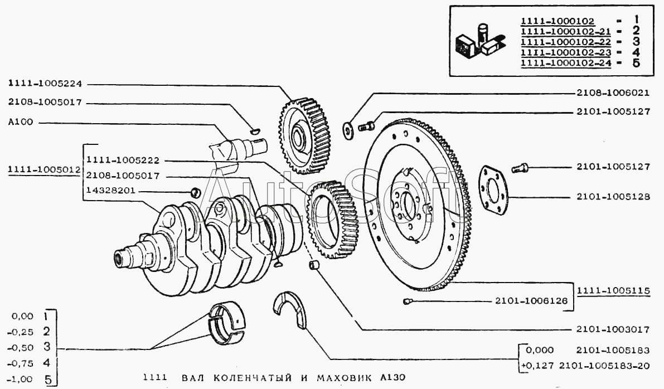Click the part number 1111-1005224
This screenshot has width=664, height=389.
[45, 84]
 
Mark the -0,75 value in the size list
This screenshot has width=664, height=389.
[22, 363]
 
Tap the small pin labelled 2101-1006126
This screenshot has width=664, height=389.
[406, 302]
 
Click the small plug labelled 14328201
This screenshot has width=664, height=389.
[196, 192]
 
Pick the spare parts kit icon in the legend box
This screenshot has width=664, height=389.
[479, 41]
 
